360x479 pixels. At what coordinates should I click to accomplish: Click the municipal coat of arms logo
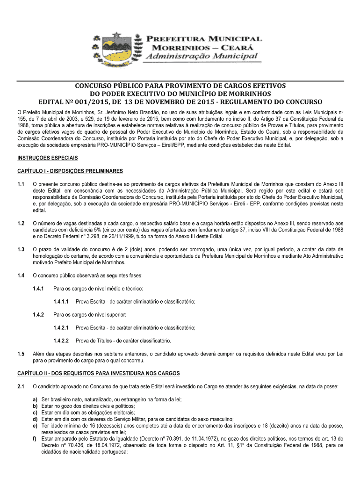click(x=117, y=47)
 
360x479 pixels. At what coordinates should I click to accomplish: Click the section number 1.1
click(x=21, y=185)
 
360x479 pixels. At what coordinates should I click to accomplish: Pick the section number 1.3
click(x=21, y=250)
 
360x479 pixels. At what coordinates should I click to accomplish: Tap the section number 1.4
click(x=21, y=276)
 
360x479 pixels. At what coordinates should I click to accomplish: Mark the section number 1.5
click(x=21, y=354)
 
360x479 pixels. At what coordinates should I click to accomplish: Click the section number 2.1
click(x=21, y=387)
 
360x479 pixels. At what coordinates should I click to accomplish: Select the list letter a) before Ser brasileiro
click(x=36, y=400)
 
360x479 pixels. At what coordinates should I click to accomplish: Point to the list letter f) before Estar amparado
click(x=36, y=439)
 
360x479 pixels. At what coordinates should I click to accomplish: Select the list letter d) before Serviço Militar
click(x=36, y=420)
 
